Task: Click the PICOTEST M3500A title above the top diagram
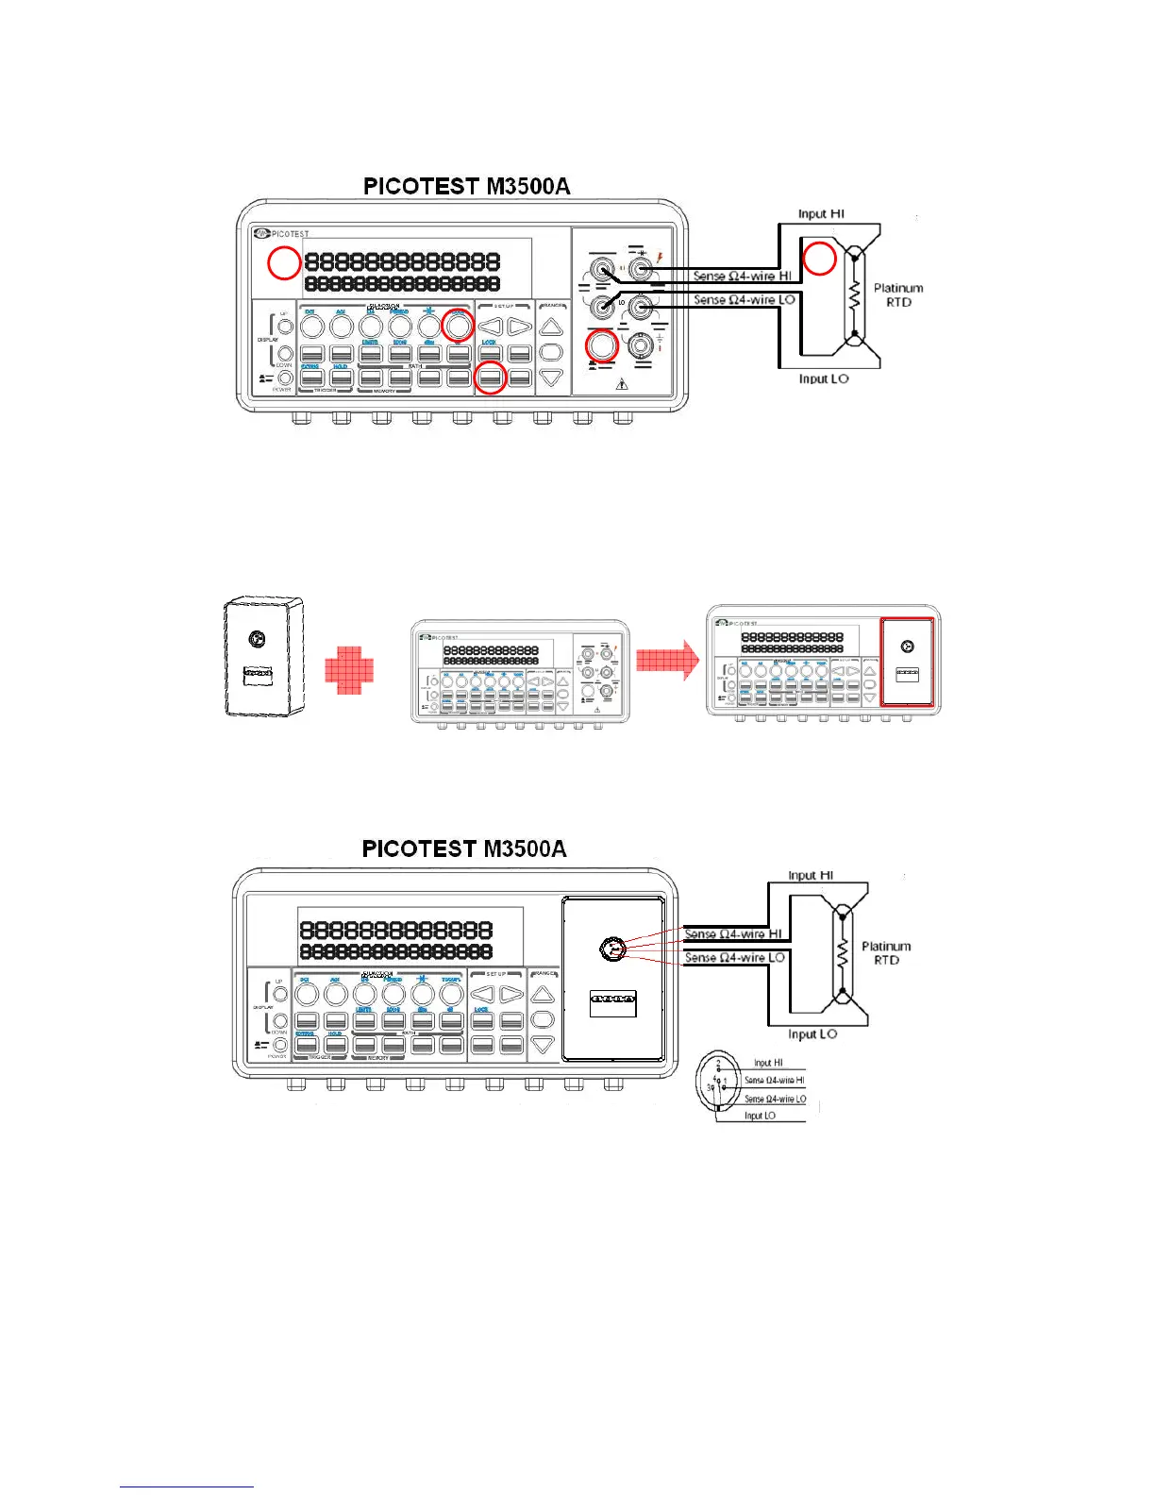point(466,186)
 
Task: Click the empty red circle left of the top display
point(283,263)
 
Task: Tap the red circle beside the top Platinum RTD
point(819,258)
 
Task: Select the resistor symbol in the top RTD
point(855,295)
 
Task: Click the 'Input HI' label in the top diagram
point(821,214)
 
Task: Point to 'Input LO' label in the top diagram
point(823,378)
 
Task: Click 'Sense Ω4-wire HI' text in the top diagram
point(742,277)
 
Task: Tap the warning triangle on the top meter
point(621,385)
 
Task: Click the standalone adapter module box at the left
point(263,656)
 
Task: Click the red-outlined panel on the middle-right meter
point(907,662)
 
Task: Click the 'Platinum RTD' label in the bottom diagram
point(886,953)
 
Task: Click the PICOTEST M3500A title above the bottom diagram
point(464,848)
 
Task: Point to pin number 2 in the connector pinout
point(718,1065)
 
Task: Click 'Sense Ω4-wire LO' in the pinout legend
point(775,1099)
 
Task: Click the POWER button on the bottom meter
point(280,1046)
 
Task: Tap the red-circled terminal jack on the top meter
point(602,345)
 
